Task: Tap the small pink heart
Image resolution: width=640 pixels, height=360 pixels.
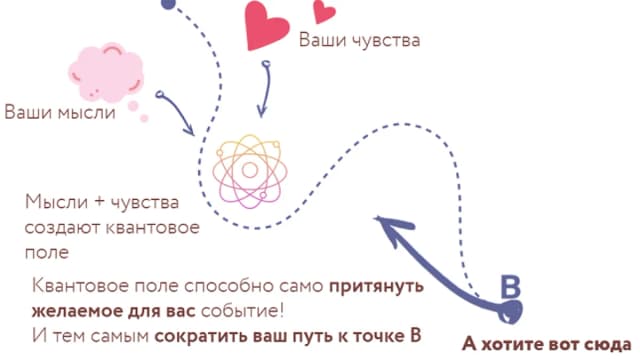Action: click(324, 11)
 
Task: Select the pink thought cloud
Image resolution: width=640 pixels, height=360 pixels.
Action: click(106, 73)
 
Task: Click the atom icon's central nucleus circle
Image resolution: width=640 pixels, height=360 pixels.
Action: click(250, 170)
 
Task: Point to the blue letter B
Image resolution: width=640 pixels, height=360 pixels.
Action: click(511, 288)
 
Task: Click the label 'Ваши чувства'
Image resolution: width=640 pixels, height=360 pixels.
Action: click(360, 40)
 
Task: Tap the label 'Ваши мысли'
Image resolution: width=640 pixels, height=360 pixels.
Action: click(60, 112)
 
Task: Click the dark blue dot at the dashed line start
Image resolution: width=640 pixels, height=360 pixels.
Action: click(168, 4)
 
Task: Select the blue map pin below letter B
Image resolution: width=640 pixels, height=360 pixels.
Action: click(510, 312)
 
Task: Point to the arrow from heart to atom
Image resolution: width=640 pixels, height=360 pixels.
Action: click(266, 88)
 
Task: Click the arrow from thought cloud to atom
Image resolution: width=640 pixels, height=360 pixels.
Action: click(176, 112)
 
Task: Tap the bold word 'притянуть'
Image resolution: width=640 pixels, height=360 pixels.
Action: click(376, 287)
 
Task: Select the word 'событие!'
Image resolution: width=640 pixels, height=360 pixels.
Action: click(243, 311)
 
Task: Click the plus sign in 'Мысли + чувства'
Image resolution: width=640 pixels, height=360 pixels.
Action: click(99, 202)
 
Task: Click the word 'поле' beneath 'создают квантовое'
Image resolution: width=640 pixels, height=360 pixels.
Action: click(47, 252)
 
